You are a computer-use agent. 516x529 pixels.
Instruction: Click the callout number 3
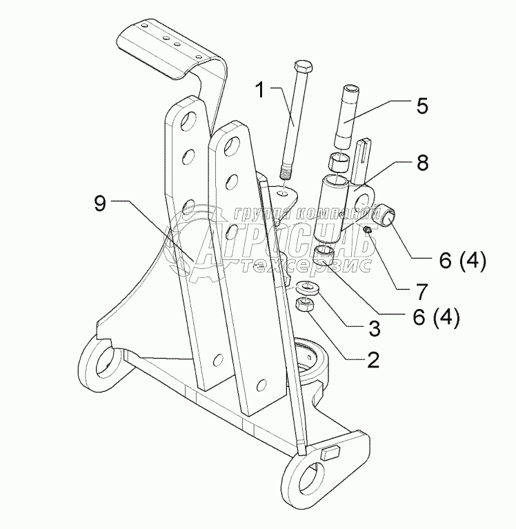click(x=374, y=328)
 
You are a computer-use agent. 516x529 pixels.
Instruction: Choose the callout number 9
click(x=100, y=204)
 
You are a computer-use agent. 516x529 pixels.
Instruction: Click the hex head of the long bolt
click(x=301, y=68)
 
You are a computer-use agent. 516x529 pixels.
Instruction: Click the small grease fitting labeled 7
click(x=370, y=228)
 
